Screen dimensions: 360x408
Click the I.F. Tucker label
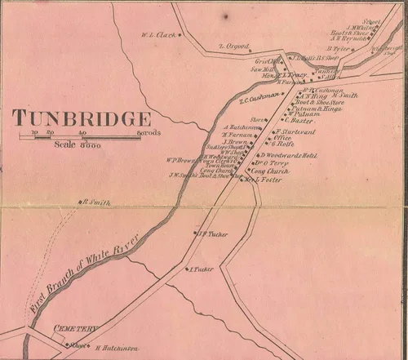pyautogui.click(x=211, y=235)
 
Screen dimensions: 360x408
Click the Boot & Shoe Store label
pyautogui.click(x=313, y=101)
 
